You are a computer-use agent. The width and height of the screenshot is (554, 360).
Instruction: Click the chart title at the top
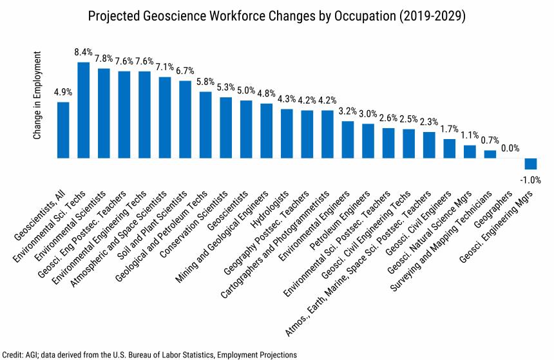pyautogui.click(x=276, y=14)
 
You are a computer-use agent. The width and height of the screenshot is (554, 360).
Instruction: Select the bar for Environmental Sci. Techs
pyautogui.click(x=84, y=110)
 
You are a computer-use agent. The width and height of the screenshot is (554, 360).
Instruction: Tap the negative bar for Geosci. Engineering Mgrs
pyautogui.click(x=531, y=164)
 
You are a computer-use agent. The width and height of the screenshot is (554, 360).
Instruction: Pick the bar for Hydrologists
pyautogui.click(x=287, y=133)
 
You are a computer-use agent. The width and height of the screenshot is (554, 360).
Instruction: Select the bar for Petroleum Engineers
pyautogui.click(x=368, y=140)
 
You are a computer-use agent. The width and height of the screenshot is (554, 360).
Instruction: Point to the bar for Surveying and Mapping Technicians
pyautogui.click(x=490, y=154)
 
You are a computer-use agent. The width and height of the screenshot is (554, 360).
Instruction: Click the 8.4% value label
pyautogui.click(x=84, y=51)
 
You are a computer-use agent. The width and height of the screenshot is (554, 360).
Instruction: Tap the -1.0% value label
pyautogui.click(x=531, y=180)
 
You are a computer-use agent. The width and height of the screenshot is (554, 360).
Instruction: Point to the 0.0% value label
pyautogui.click(x=511, y=147)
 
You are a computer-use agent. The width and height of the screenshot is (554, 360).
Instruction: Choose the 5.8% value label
pyautogui.click(x=205, y=81)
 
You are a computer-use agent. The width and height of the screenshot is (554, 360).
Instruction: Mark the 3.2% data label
pyautogui.click(x=348, y=110)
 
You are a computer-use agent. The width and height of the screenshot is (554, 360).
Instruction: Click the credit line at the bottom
pyautogui.click(x=150, y=354)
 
